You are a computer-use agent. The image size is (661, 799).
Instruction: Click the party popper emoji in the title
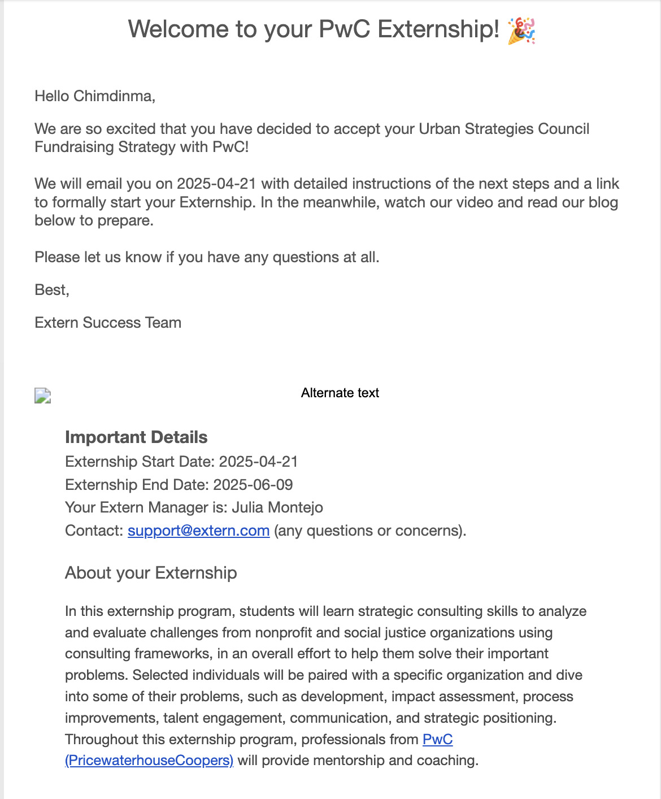(521, 30)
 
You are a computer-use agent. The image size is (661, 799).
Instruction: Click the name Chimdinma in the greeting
(113, 96)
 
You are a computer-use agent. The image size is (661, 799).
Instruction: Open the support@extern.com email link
(198, 531)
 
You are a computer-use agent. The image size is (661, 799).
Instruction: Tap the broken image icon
(43, 396)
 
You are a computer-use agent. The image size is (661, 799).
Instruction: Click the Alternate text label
(340, 393)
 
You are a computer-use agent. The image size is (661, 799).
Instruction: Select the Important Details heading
(136, 437)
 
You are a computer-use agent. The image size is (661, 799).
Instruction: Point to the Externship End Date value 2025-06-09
(253, 485)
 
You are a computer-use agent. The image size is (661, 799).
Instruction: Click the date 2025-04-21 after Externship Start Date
(258, 462)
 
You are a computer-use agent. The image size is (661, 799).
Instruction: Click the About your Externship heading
(151, 573)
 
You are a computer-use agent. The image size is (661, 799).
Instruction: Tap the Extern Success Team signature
(108, 323)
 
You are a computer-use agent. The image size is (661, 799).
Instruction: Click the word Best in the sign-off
(50, 290)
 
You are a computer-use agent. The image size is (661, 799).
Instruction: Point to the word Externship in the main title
(438, 29)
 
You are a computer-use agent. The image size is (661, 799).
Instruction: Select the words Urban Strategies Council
(504, 129)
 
